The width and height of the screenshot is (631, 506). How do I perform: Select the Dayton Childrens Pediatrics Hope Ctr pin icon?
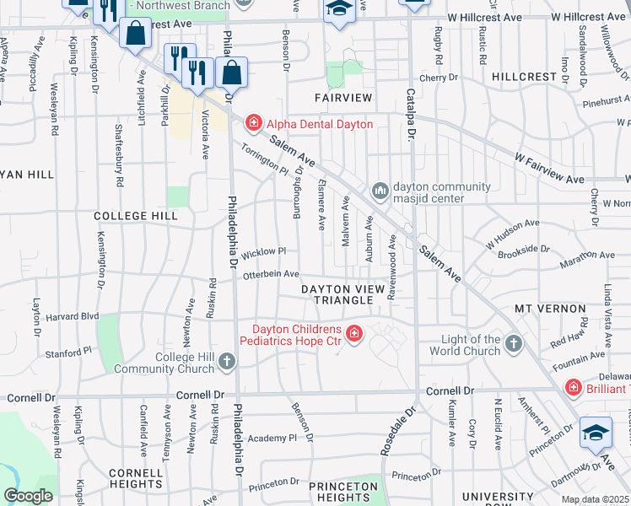(x=353, y=335)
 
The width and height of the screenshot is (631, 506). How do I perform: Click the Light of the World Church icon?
(x=514, y=344)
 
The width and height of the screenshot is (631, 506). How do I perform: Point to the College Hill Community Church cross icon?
(x=226, y=363)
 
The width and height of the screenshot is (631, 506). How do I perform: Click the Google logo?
(x=28, y=495)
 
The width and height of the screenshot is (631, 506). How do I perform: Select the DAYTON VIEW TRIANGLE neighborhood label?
(x=348, y=294)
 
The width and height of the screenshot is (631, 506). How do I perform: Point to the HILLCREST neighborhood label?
(x=524, y=77)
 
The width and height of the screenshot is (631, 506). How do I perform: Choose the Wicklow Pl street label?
(x=264, y=252)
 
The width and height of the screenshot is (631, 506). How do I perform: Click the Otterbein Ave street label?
(x=271, y=274)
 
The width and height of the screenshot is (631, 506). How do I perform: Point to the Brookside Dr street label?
(x=523, y=250)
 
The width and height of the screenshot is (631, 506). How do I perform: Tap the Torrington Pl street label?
(x=265, y=158)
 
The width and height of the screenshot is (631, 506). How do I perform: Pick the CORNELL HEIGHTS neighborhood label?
(x=135, y=478)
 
